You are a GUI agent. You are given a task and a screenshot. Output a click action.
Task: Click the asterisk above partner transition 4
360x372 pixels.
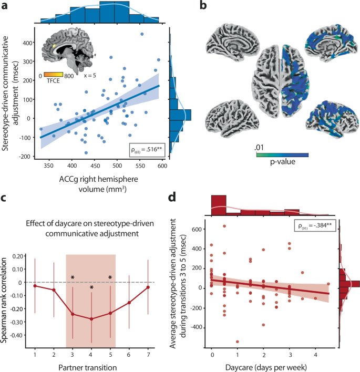point(91,288)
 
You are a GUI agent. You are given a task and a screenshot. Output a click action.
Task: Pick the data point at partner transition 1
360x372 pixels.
point(35,285)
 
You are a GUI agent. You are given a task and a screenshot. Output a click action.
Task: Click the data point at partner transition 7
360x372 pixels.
point(148,287)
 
